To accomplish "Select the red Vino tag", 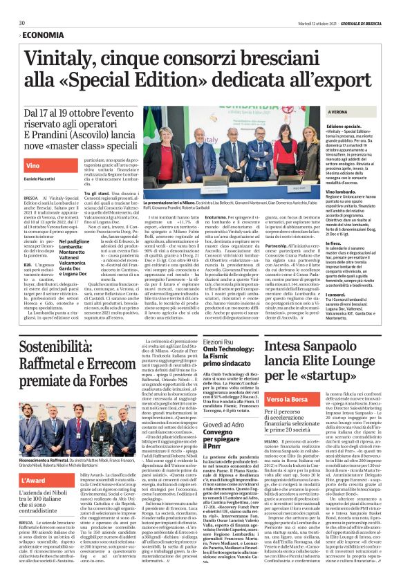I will coord(32,167).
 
